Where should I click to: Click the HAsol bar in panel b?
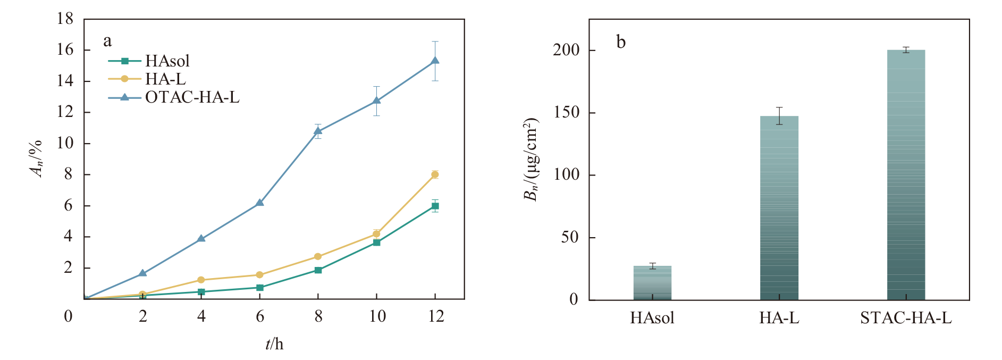[x=652, y=283]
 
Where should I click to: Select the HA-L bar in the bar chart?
[x=779, y=208]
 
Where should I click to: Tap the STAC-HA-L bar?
[x=906, y=175]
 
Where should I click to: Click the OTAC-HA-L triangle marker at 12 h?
[x=435, y=61]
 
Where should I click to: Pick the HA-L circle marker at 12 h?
[x=435, y=174]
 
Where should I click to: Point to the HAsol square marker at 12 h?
[x=435, y=206]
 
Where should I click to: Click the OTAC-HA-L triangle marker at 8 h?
[x=318, y=131]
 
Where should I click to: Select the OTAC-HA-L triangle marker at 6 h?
[x=259, y=203]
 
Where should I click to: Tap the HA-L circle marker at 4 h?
[x=201, y=280]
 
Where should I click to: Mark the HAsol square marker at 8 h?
[x=318, y=270]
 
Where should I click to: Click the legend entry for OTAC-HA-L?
[x=174, y=97]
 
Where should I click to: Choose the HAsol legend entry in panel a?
[x=149, y=61]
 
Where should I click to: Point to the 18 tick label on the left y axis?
[x=65, y=19]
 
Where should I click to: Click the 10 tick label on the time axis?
[x=377, y=316]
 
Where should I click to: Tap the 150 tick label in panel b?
[x=566, y=113]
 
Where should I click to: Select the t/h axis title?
[x=274, y=344]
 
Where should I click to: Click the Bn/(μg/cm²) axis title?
[x=531, y=160]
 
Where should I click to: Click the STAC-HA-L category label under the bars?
[x=906, y=318]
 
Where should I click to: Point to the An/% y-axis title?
[x=36, y=158]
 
